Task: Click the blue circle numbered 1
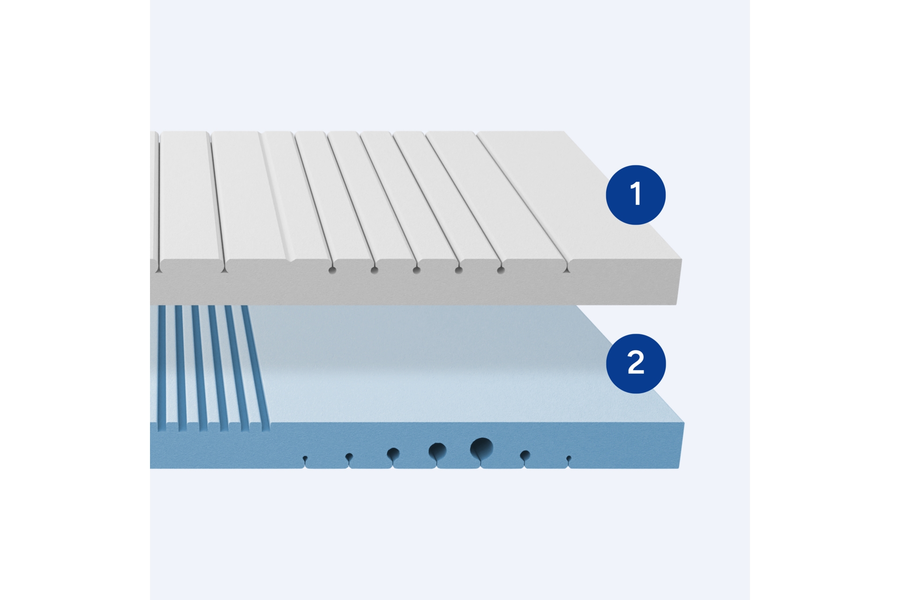[x=636, y=195]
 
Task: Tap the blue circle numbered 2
[x=636, y=363]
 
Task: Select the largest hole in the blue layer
[x=481, y=449]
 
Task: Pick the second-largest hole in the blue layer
[x=437, y=451]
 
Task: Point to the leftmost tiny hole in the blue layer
[x=305, y=458]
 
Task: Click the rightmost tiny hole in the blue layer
[x=569, y=458]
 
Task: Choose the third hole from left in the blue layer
[x=393, y=454]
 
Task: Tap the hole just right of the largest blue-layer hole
[x=525, y=455]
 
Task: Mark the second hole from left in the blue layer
[x=349, y=456]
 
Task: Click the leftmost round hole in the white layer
[x=332, y=270]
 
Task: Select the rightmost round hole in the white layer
[x=501, y=270]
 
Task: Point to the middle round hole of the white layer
[x=416, y=270]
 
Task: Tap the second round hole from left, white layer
[x=374, y=270]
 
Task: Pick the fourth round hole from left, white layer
[x=458, y=270]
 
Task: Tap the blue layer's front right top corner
[x=684, y=423]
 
